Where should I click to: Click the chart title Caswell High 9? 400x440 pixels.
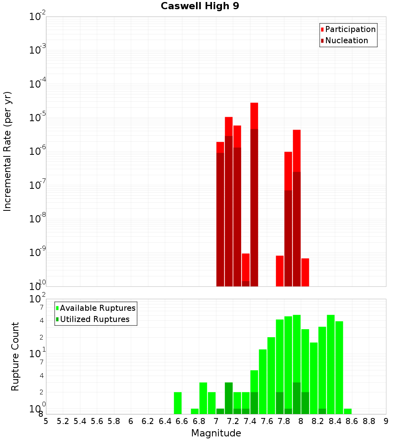pos(200,6)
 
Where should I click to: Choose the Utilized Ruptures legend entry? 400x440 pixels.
pos(94,319)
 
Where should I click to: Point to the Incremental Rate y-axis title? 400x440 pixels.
pos(8,152)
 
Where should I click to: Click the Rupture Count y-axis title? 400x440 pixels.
pos(15,356)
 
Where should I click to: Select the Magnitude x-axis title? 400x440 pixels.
pos(216,433)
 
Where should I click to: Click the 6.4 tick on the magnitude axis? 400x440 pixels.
pos(165,421)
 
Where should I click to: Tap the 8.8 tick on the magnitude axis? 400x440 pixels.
pos(369,421)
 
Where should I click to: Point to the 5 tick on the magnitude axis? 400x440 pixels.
pos(46,421)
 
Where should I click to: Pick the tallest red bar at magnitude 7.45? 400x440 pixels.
pos(254,116)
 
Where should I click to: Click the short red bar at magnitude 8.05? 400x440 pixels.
pos(305,272)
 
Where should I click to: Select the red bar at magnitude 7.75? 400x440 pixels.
pos(280,270)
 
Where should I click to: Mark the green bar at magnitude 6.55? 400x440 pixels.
pos(178,403)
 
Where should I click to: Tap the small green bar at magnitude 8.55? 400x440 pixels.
pos(348,411)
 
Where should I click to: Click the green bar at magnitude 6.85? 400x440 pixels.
pos(203,398)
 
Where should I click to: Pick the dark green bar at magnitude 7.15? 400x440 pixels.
pos(228,398)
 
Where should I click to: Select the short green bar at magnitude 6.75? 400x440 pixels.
pos(195,411)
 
